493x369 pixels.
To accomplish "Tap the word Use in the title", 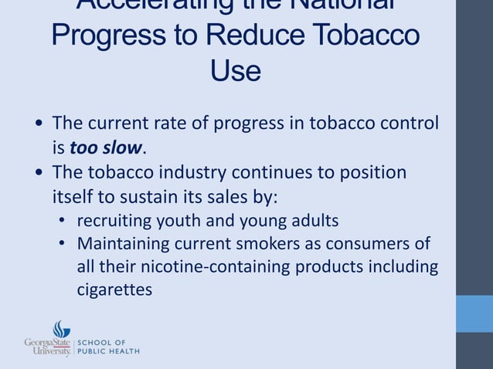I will click(x=235, y=71).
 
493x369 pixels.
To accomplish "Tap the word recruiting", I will click(x=114, y=221).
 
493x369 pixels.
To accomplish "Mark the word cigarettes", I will click(x=114, y=290).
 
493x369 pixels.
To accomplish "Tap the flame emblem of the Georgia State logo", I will click(x=62, y=330).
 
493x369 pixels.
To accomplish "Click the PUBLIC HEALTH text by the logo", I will click(x=108, y=351).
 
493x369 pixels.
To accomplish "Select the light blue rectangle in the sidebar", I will click(x=474, y=313).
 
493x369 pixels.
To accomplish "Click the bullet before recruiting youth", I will click(x=63, y=222).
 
